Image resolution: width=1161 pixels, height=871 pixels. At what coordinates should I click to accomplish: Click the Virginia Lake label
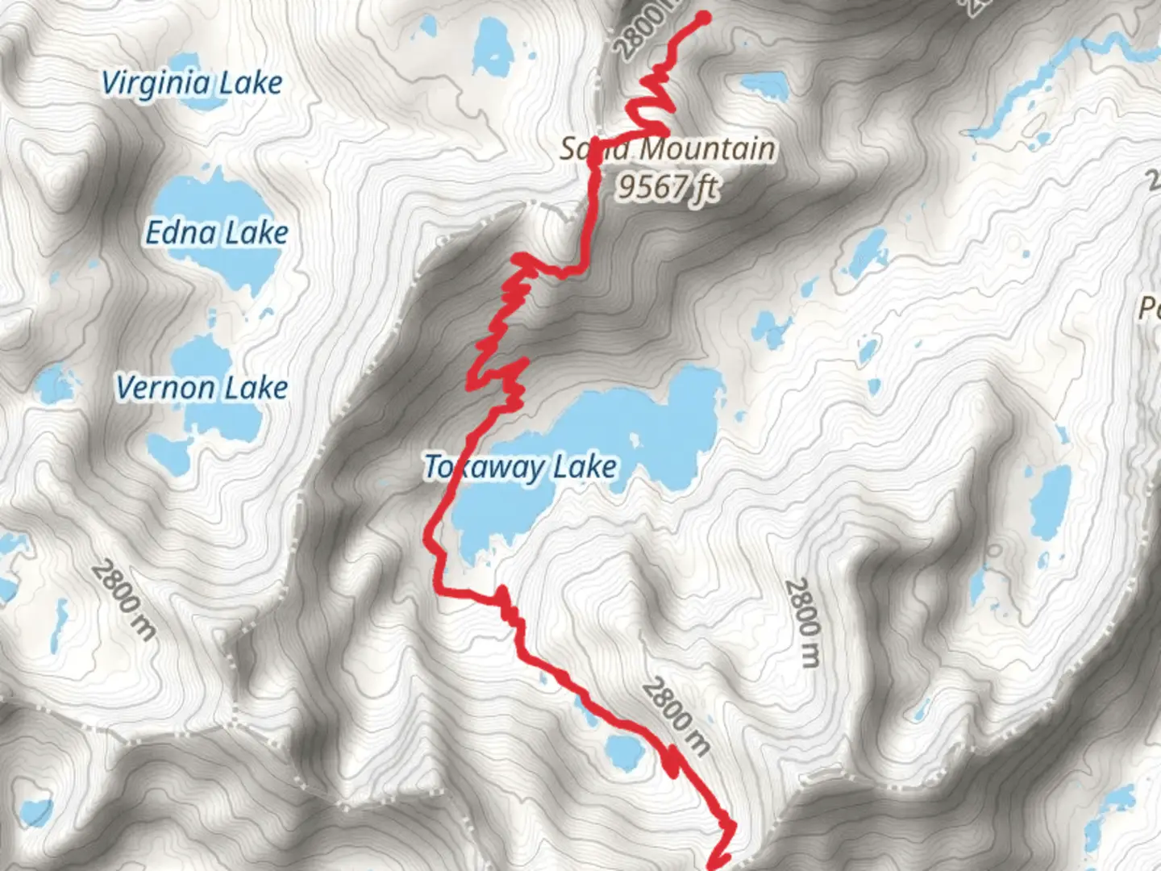click(192, 82)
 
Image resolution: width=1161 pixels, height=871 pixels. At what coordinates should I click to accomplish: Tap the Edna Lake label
click(216, 232)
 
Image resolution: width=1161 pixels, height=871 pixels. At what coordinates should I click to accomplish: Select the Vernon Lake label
click(202, 387)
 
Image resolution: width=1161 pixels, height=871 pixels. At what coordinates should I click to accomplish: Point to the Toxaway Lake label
click(521, 466)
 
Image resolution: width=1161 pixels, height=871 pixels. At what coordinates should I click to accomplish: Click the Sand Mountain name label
click(668, 148)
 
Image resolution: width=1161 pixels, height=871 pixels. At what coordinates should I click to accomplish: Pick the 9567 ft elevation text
click(668, 186)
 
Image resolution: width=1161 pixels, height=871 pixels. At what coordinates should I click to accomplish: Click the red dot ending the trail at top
click(702, 18)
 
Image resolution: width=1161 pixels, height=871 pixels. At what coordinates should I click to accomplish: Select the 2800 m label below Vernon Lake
click(123, 600)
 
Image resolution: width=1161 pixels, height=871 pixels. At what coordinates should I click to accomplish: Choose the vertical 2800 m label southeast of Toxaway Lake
click(803, 623)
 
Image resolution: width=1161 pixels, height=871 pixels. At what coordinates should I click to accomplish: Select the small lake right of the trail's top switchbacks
click(762, 84)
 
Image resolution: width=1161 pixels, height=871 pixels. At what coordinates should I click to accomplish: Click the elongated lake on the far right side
click(1051, 502)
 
